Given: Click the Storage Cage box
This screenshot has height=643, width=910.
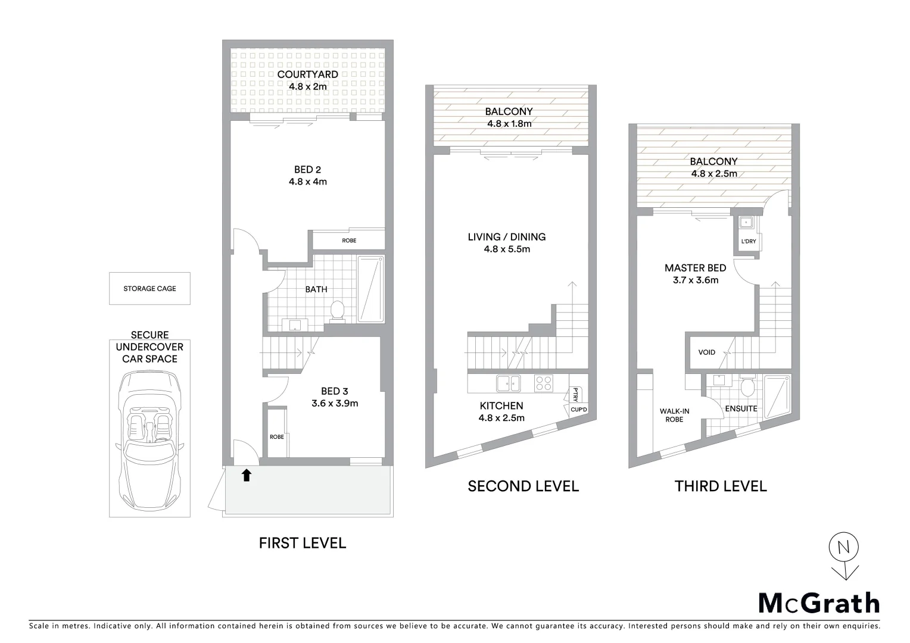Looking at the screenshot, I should (x=149, y=289).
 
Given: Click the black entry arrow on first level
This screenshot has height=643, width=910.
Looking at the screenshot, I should (x=246, y=475).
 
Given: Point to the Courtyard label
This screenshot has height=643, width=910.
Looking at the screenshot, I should (x=307, y=74).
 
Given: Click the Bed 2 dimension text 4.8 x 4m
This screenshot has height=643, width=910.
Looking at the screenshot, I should (x=307, y=182).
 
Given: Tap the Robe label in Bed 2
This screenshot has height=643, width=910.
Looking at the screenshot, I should (x=349, y=241).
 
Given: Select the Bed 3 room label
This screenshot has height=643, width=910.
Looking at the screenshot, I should (x=334, y=391).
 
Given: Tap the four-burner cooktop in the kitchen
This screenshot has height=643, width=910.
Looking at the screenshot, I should (x=543, y=383).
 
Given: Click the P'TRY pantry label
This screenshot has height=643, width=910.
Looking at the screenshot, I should (x=575, y=394).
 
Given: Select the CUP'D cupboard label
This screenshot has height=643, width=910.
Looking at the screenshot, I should (x=578, y=410).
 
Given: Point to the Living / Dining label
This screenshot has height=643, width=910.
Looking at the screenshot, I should (x=506, y=237).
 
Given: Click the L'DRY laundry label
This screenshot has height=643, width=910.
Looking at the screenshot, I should (x=748, y=241).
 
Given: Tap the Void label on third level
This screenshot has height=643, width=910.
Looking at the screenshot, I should (x=706, y=352).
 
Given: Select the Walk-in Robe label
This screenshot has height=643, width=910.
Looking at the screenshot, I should (x=674, y=415).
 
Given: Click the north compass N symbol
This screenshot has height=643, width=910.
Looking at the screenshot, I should (x=843, y=548).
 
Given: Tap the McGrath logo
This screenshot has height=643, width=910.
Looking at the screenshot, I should (x=819, y=603).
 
